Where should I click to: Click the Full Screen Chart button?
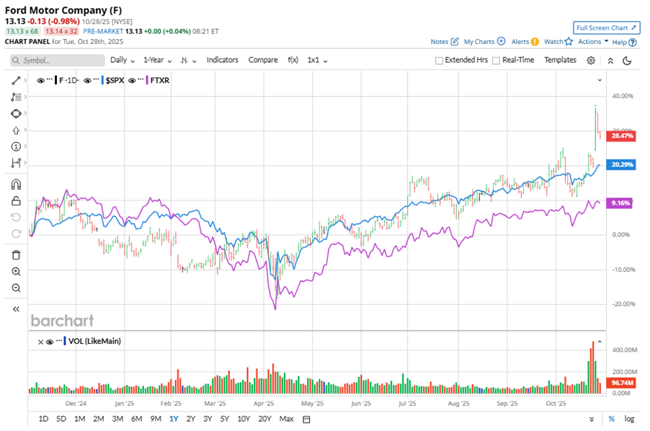point(607,27)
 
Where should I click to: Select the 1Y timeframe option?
point(174,419)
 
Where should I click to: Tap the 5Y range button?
point(225,419)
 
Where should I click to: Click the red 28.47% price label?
point(620,135)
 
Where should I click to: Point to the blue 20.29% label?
point(620,164)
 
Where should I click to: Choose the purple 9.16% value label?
point(620,203)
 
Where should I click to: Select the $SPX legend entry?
point(115,81)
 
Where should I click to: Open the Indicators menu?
point(222,60)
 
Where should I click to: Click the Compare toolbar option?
point(263,60)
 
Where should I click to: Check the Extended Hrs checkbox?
point(439,61)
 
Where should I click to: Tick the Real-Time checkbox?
point(496,61)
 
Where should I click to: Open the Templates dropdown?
point(560,60)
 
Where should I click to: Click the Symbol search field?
point(58,61)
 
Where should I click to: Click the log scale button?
point(629,419)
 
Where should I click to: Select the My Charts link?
point(479,42)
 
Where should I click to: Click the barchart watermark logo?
point(62,320)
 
